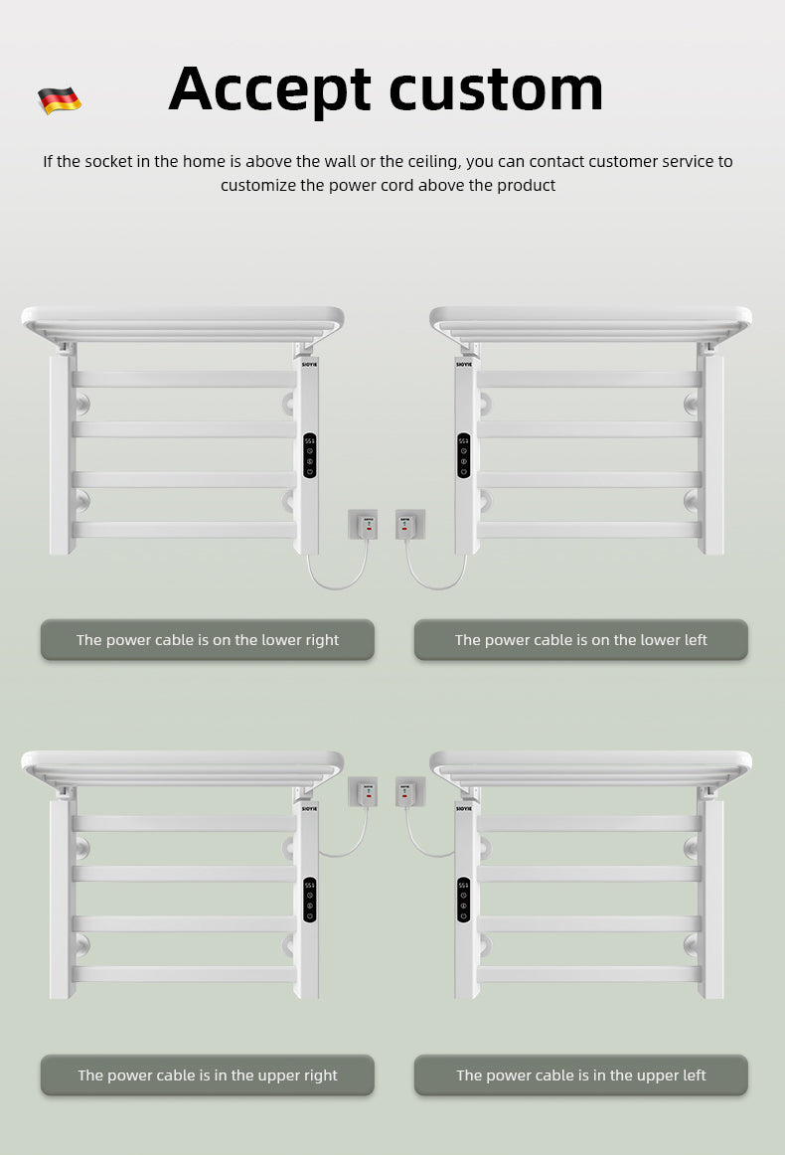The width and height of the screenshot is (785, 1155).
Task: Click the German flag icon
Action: [x=60, y=100]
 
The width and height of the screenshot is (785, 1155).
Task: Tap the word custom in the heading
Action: [x=496, y=89]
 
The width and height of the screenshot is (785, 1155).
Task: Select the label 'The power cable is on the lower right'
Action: [x=208, y=640]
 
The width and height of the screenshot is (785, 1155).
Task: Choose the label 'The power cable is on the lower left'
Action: [x=580, y=640]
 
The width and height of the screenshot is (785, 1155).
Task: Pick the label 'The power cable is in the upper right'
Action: [x=208, y=1075]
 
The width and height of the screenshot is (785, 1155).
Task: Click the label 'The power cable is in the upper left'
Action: [x=580, y=1075]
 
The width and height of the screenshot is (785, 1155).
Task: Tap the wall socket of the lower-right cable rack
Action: [x=363, y=524]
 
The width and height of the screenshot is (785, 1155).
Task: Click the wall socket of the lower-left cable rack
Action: [x=409, y=524]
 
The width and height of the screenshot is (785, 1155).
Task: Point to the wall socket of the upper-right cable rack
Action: [x=363, y=791]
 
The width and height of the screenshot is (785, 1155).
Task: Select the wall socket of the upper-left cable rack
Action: [x=409, y=791]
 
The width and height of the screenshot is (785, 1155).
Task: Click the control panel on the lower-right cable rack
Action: [x=309, y=456]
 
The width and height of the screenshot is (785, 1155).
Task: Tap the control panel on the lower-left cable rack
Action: [x=464, y=456]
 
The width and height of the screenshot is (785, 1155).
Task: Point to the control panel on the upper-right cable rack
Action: [x=309, y=901]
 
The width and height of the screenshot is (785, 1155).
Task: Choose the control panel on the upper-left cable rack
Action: [x=464, y=901]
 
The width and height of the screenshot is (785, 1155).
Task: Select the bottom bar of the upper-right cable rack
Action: [x=184, y=974]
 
